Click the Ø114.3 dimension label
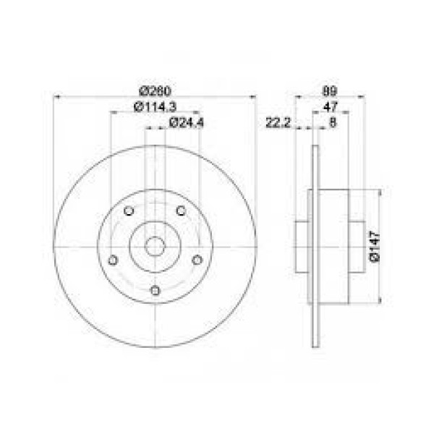155,108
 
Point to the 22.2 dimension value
278,123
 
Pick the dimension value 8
332,123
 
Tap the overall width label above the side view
329,91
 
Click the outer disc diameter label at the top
155,91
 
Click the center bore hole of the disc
154,246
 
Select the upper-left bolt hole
129,210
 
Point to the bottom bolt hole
154,290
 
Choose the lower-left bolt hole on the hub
112,260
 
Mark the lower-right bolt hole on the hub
196,260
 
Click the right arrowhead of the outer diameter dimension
254,96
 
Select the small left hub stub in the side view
302,246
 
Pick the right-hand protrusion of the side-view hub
357,246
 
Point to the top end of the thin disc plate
315,149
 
